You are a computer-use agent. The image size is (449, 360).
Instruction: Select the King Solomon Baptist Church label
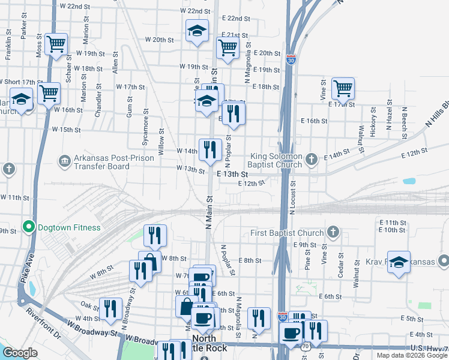tap(276, 159)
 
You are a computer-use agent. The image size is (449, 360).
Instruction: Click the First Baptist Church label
tap(288, 232)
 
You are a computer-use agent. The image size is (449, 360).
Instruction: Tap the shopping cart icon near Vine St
tap(343, 88)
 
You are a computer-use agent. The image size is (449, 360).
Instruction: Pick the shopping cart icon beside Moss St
tap(56, 44)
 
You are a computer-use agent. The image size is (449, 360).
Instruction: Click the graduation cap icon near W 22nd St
tap(196, 32)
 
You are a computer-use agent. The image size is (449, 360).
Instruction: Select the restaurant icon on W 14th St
tap(210, 149)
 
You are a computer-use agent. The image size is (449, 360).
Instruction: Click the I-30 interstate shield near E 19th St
tap(291, 60)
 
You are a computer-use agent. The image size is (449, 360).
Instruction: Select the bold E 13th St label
tap(232, 173)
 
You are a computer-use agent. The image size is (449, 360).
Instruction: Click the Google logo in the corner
tap(20, 353)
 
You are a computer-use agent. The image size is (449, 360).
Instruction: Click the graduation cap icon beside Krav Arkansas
tap(398, 262)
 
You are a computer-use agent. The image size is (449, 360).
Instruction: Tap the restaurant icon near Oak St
tap(110, 308)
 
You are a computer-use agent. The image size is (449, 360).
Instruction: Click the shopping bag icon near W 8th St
tap(149, 262)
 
